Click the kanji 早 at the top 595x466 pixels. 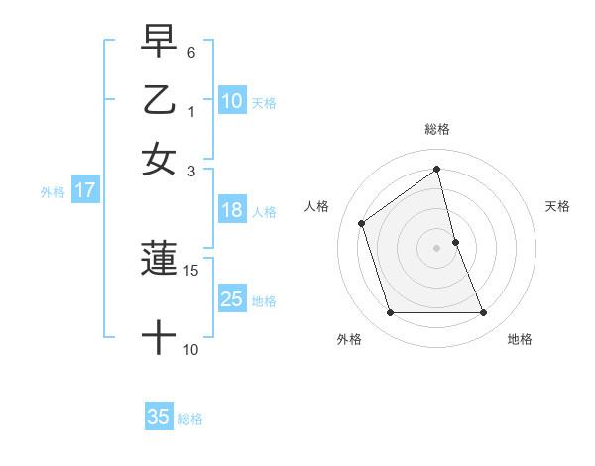tap(159, 43)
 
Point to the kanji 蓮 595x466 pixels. tap(159, 259)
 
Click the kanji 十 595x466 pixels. tap(159, 338)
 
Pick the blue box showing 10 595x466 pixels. tap(232, 101)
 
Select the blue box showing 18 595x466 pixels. tap(232, 210)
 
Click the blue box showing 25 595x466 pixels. tap(232, 299)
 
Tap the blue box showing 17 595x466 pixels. tap(85, 191)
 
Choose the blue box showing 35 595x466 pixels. tap(159, 417)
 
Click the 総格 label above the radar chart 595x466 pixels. tap(437, 129)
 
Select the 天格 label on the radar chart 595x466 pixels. tap(558, 206)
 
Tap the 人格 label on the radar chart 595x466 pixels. tap(317, 206)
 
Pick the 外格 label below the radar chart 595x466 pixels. tap(349, 339)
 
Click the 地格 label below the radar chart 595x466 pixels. tap(520, 339)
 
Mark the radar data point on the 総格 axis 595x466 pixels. tap(437, 170)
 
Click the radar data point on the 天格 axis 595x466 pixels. tap(455, 242)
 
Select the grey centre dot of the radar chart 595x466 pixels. tap(437, 247)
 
